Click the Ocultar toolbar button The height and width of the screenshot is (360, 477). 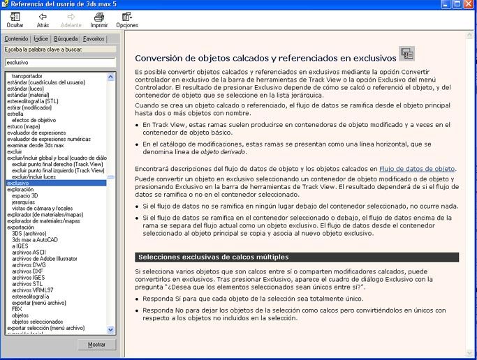[x=15, y=20]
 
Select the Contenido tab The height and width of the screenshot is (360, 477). [x=16, y=39]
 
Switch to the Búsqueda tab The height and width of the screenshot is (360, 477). [x=66, y=39]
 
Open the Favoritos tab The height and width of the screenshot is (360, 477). [x=94, y=39]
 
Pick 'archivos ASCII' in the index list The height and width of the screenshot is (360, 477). [x=29, y=252]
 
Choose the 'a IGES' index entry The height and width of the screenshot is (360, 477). [x=22, y=246]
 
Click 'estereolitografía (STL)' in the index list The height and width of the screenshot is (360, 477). [x=33, y=100]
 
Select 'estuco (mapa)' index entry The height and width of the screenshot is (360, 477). [x=24, y=126]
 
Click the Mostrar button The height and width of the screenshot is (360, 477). [x=96, y=345]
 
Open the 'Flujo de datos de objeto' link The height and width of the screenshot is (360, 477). [x=417, y=169]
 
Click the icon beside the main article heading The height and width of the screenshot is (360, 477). [x=406, y=54]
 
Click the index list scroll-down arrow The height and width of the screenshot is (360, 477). [x=111, y=329]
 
